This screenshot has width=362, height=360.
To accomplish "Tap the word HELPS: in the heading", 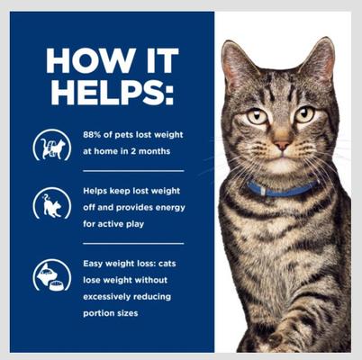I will [x=109, y=93].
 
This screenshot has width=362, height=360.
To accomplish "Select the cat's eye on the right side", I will [x=304, y=114].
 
